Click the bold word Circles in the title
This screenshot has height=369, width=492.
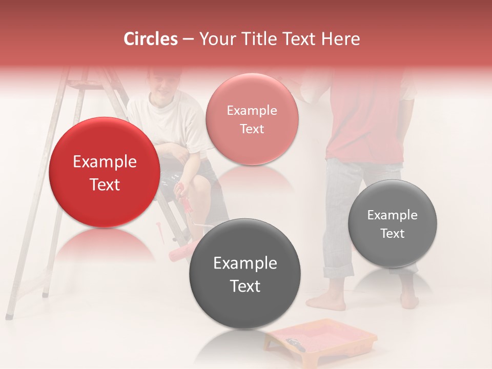pos(151,39)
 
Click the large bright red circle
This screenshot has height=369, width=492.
pos(105,173)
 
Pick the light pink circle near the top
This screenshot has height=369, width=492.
pos(252,119)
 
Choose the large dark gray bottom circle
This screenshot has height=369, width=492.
pos(244,274)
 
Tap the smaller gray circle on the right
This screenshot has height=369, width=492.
pos(392,223)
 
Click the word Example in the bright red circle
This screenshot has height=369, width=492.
pos(105,162)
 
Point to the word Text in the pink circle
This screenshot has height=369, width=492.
pos(252,129)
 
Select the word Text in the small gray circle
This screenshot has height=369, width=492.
pos(392,234)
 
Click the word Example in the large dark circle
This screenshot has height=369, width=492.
pos(244,263)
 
